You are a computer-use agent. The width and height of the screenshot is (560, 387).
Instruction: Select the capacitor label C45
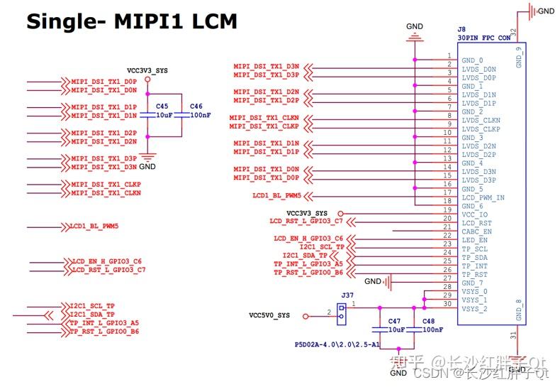click(x=162, y=106)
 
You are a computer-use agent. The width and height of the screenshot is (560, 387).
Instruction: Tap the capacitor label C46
click(x=196, y=106)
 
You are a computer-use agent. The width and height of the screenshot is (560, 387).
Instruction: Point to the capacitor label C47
click(x=394, y=321)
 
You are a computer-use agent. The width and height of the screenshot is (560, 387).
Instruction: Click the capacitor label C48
click(x=428, y=321)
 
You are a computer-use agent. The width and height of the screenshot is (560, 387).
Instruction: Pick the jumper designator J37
click(x=347, y=295)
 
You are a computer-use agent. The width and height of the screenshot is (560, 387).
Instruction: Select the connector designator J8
click(x=461, y=29)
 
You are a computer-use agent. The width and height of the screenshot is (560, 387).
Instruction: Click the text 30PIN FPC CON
click(x=485, y=38)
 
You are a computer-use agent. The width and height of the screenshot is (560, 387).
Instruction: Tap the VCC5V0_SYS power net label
click(x=269, y=315)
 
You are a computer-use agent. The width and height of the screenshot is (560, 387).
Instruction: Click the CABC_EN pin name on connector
click(x=476, y=231)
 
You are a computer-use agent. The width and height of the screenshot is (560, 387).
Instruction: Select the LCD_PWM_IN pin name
click(x=483, y=197)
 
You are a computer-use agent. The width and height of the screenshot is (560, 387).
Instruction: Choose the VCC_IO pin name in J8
click(x=475, y=214)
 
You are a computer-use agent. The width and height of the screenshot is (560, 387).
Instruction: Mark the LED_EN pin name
click(x=474, y=240)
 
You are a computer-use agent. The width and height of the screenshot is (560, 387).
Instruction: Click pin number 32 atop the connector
click(x=513, y=33)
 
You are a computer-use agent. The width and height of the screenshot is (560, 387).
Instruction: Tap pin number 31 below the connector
click(x=513, y=334)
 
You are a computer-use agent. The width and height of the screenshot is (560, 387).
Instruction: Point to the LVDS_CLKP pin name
click(x=481, y=129)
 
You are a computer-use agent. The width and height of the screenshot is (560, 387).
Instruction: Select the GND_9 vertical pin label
click(x=519, y=57)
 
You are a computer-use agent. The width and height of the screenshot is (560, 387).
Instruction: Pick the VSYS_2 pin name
click(x=474, y=309)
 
